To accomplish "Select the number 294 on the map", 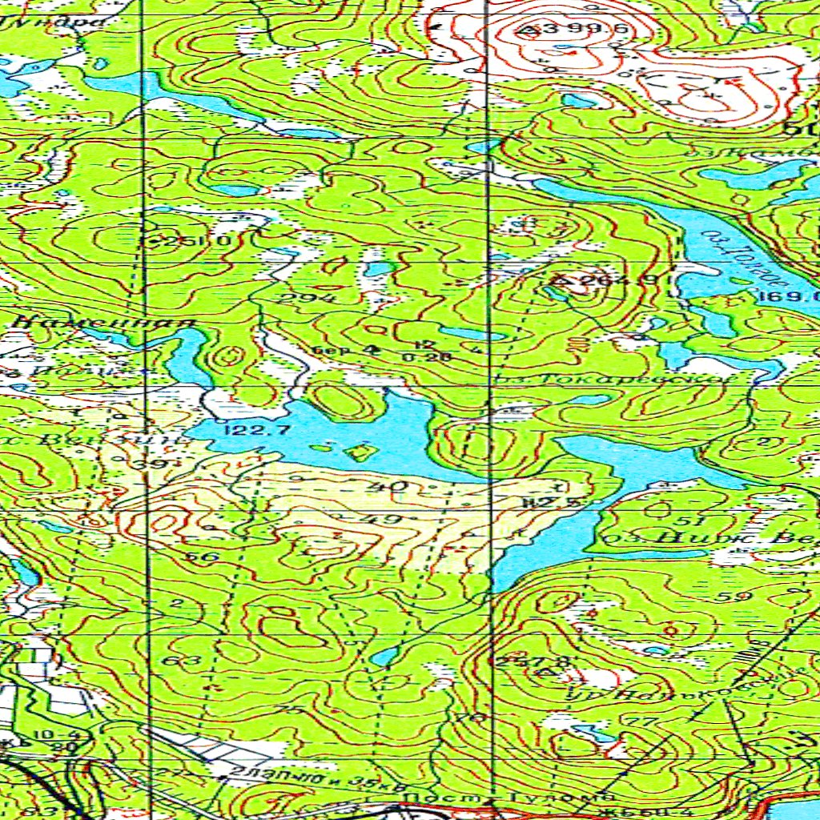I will [293, 299].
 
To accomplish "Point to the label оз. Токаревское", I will [613, 376].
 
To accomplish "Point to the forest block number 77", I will [637, 722].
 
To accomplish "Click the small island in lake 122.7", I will [362, 452].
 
